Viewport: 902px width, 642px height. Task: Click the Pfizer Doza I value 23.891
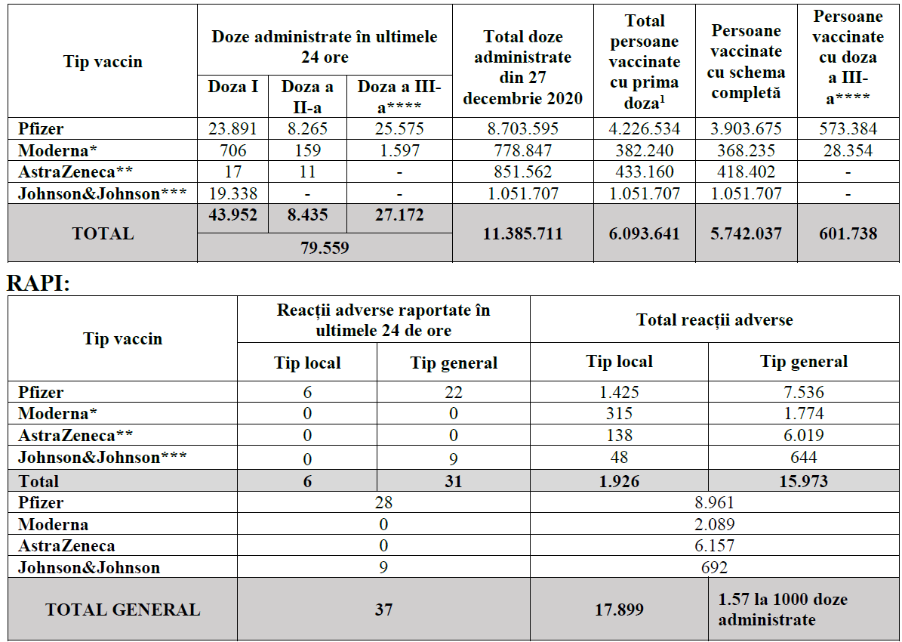233,128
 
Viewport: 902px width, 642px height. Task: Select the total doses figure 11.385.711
522,233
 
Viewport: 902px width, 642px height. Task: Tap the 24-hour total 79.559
325,247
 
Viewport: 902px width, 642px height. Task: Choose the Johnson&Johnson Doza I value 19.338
233,193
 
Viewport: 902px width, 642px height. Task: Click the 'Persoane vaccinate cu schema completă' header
746,62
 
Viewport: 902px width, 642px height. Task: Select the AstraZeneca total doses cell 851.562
522,172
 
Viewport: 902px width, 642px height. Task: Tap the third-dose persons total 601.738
848,233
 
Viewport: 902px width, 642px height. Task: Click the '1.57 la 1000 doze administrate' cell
782,609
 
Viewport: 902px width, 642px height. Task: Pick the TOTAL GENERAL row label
123,610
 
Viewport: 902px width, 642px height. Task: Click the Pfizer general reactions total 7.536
803,392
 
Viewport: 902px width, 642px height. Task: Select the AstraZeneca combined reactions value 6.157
713,545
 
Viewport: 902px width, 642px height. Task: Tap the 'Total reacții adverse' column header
714,319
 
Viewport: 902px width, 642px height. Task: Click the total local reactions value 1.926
619,481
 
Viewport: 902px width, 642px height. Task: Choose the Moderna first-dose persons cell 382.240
644,150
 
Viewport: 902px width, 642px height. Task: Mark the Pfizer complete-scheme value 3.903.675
746,128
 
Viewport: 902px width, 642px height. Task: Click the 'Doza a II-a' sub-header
306,96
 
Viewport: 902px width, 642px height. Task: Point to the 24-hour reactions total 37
383,610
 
